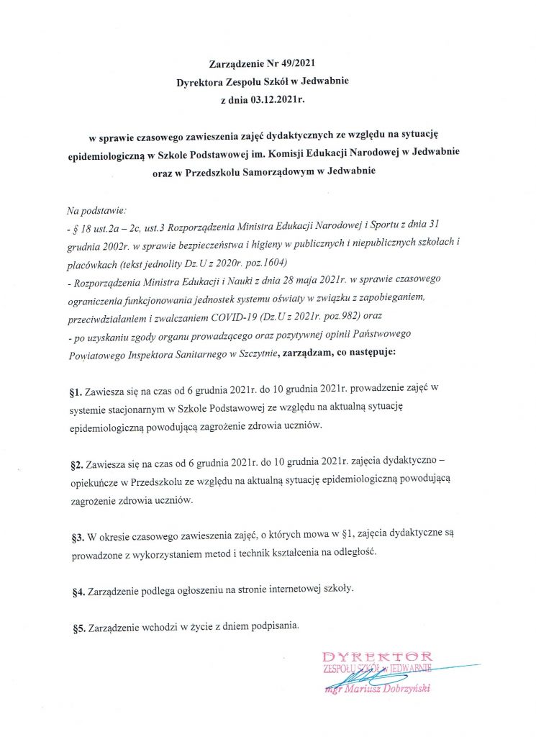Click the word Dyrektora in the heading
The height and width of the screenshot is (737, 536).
click(204, 83)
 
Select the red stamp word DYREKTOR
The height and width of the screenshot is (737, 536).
click(378, 656)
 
